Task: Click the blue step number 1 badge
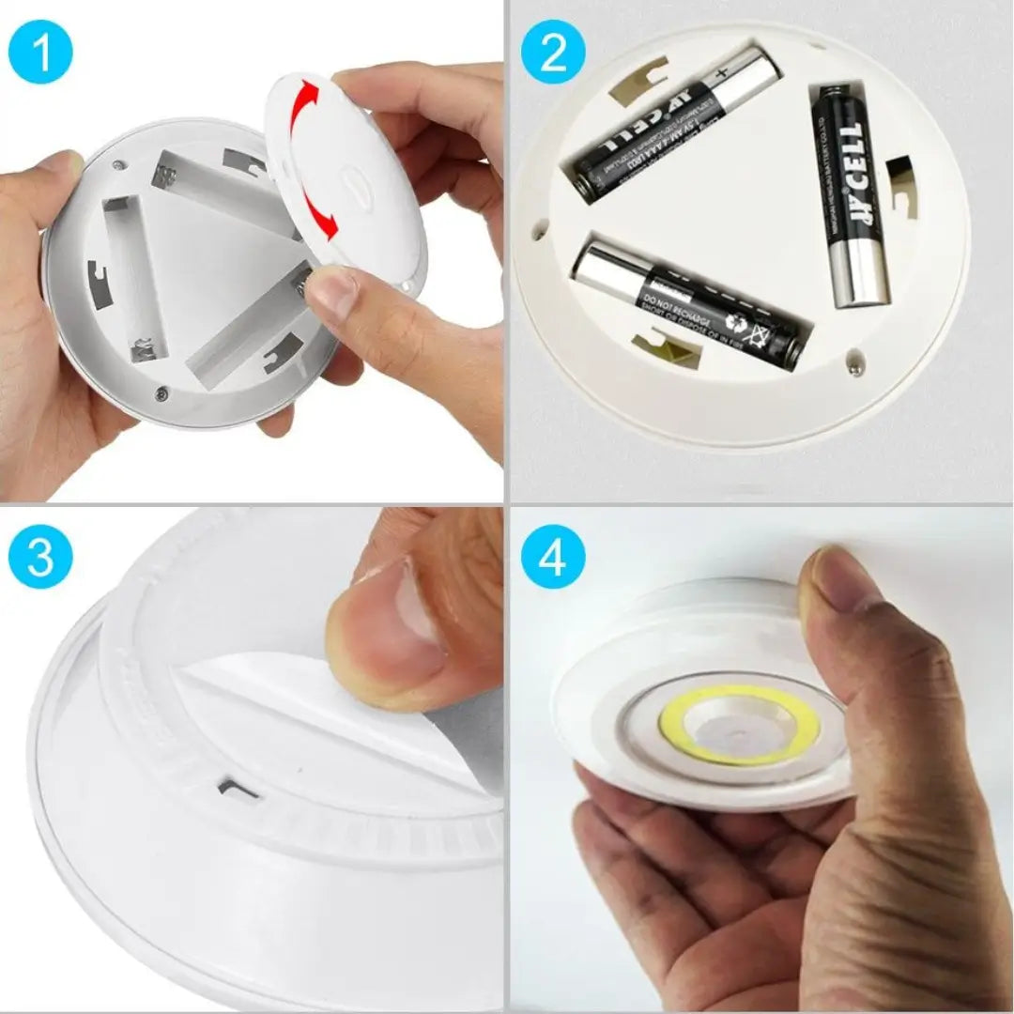pos(40,54)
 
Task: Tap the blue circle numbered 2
pos(553,54)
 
